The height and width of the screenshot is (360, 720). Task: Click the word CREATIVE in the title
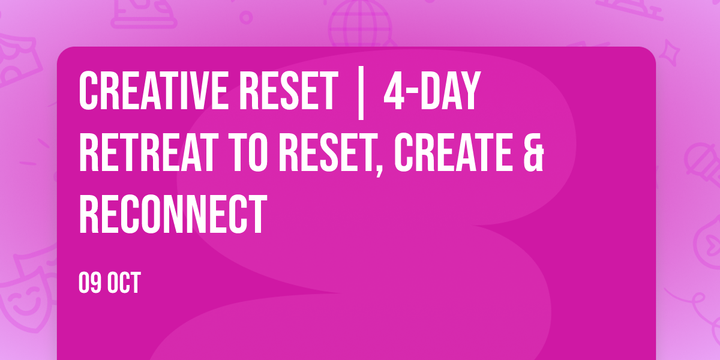pos(152,91)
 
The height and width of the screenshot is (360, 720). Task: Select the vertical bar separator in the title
pos(361,93)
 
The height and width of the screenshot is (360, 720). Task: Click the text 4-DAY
pos(432,91)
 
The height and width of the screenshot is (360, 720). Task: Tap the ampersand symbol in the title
pos(533,153)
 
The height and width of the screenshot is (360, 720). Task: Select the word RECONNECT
pos(173,214)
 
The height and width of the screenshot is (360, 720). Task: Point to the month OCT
pos(124,283)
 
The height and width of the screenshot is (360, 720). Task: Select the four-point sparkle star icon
pos(670,52)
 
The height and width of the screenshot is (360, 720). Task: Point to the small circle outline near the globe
pos(246,17)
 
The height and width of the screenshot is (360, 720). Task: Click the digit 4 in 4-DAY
pos(394,91)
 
